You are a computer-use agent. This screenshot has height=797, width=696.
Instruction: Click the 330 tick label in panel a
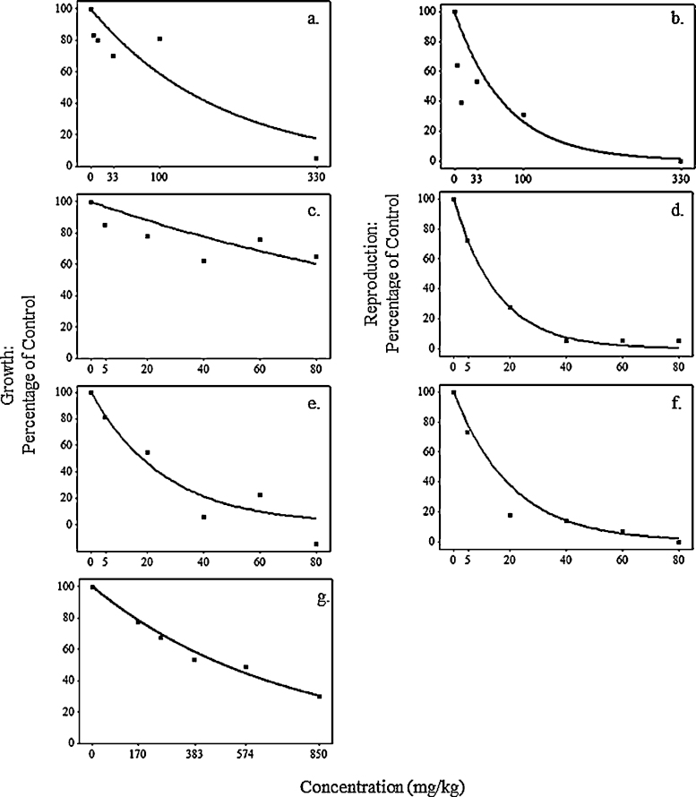pyautogui.click(x=316, y=177)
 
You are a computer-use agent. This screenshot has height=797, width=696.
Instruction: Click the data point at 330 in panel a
pyautogui.click(x=316, y=159)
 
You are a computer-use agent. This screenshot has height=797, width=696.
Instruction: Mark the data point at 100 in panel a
pyautogui.click(x=159, y=39)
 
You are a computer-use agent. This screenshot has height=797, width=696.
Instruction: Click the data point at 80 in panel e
pyautogui.click(x=316, y=544)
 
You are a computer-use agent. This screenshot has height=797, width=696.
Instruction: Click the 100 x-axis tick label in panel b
pyautogui.click(x=523, y=177)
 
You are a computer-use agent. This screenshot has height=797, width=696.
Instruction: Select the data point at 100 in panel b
pyautogui.click(x=523, y=115)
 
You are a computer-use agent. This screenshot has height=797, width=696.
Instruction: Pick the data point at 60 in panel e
pyautogui.click(x=260, y=494)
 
